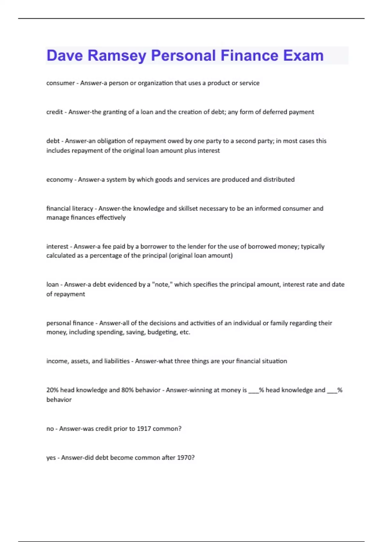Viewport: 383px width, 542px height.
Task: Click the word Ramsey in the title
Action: (x=116, y=55)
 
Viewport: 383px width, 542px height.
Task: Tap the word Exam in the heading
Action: (x=303, y=55)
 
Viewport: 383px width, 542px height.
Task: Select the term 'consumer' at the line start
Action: (x=60, y=83)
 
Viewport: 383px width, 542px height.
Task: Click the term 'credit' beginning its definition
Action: (x=55, y=112)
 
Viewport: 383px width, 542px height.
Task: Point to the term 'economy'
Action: (x=59, y=179)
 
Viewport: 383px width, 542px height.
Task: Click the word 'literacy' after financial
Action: (x=83, y=209)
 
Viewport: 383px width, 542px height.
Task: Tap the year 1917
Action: (x=144, y=428)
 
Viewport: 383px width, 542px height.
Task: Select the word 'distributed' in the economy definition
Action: (x=279, y=179)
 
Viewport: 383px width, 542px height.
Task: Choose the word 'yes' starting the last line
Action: (x=51, y=458)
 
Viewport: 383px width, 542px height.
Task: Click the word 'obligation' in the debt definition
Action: (x=111, y=141)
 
